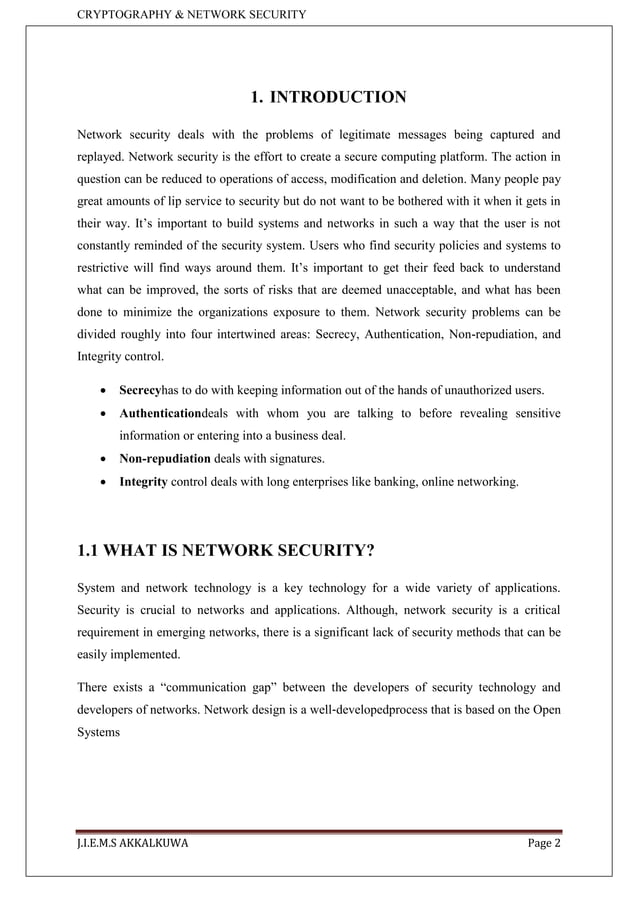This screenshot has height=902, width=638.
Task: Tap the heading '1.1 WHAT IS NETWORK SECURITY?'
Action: coord(225,549)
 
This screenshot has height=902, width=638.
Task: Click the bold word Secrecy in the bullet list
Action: coord(140,389)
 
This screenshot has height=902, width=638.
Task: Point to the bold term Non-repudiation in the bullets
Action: coord(165,459)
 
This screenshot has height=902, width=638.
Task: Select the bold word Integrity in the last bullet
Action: coord(143,482)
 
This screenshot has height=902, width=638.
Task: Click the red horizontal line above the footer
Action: coord(319,830)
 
